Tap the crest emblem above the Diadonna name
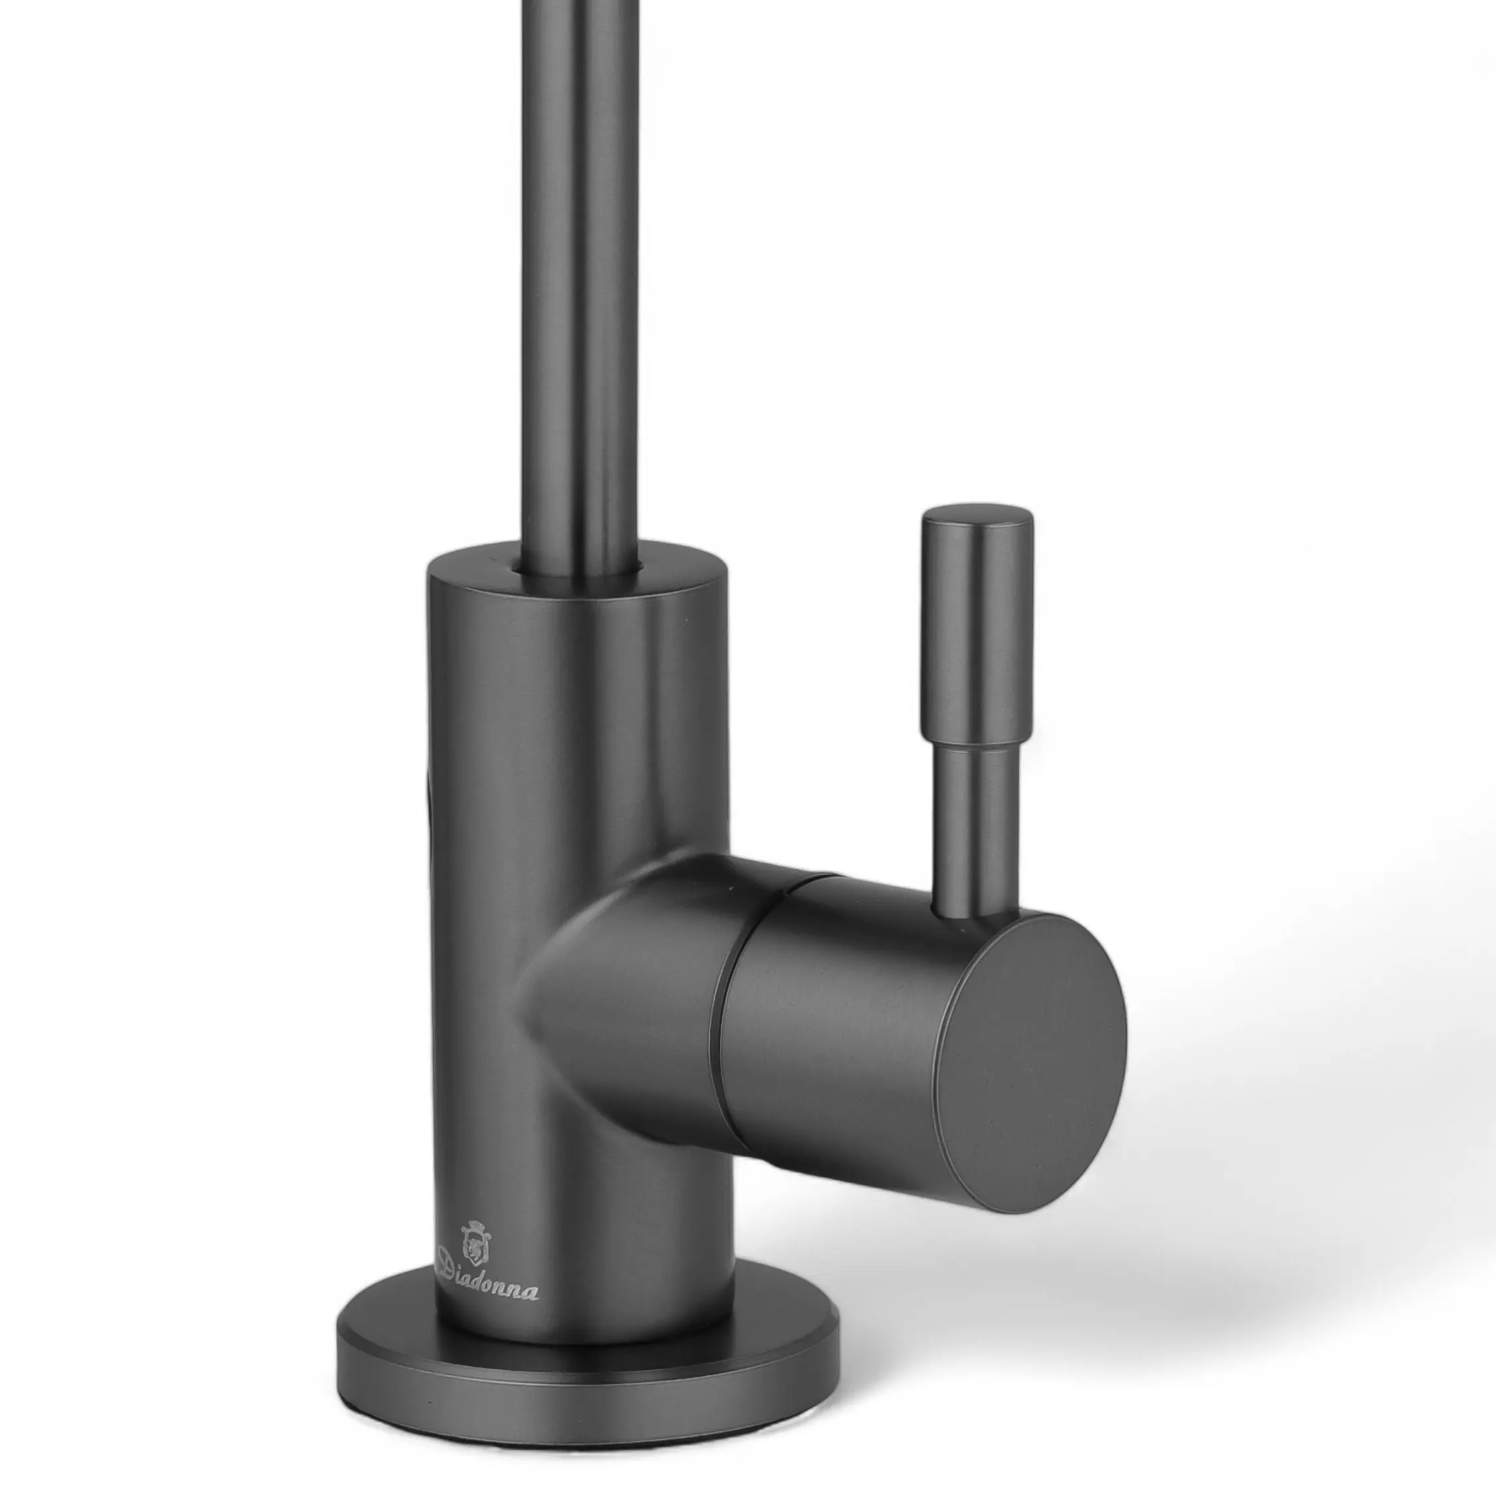click(x=475, y=1241)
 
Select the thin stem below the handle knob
click(x=975, y=832)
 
